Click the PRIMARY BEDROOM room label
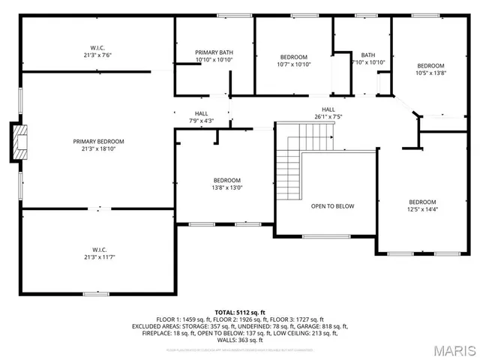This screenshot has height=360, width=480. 98,141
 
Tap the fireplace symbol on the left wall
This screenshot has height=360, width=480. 20,142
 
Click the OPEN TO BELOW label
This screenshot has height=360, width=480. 332,205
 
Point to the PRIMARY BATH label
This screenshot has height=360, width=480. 214,52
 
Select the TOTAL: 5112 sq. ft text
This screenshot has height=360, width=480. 240,312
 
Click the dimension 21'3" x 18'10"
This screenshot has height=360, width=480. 98,148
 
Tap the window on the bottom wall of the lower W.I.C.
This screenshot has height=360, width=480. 94,293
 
